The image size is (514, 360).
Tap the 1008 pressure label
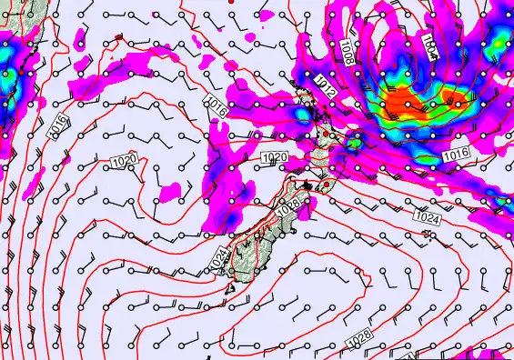click(349, 51)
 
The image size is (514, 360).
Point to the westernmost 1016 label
click(56, 128)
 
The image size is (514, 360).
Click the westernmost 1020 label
click(126, 160)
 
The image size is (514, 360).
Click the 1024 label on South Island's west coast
click(217, 259)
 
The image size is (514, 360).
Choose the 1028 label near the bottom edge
click(359, 339)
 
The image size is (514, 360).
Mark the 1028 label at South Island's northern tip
click(288, 207)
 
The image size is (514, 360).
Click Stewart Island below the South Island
click(232, 289)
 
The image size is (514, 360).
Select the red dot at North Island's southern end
click(315, 188)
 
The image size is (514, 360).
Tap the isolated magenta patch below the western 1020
click(169, 192)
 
